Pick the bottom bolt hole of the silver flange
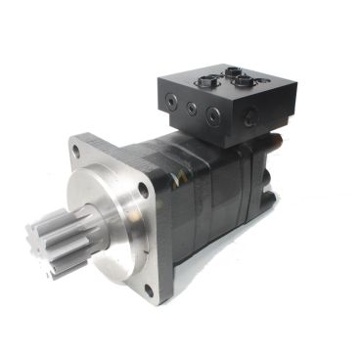click(x=149, y=290)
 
